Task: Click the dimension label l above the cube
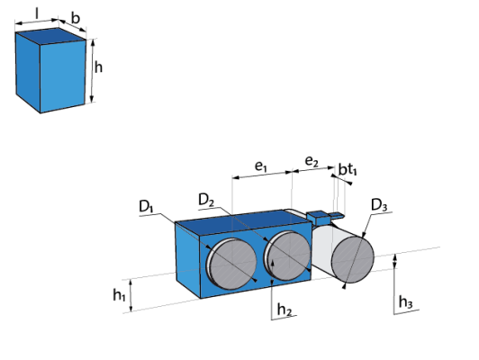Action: click(37, 13)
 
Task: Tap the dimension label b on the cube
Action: click(76, 18)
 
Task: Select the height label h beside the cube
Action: click(98, 67)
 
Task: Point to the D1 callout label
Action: click(146, 207)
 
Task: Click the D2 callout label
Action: click(206, 200)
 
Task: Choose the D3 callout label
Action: click(379, 205)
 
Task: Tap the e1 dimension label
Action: click(261, 166)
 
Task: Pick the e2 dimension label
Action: click(312, 161)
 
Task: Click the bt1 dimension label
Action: click(348, 169)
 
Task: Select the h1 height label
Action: click(119, 295)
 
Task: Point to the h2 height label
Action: click(285, 310)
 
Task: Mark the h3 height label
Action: click(406, 302)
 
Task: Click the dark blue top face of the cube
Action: click(50, 36)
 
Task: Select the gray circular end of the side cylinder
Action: click(353, 260)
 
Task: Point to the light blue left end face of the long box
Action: click(187, 260)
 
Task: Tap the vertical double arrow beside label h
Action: click(93, 71)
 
